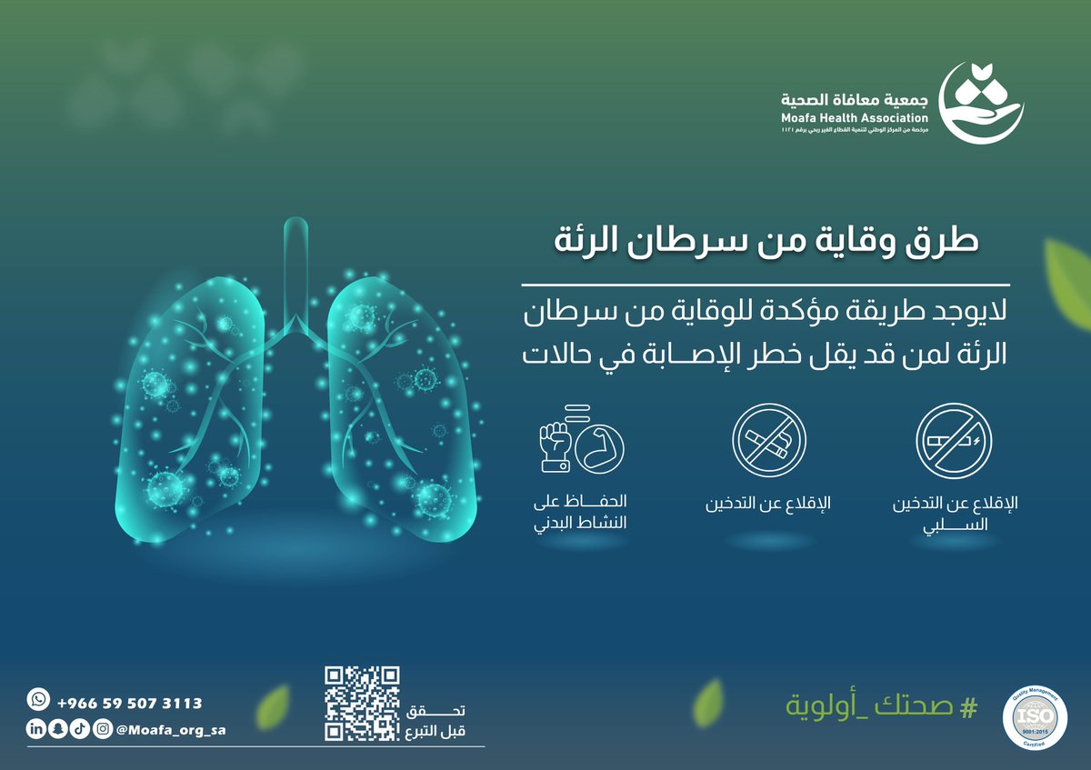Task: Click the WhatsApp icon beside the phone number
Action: coord(37,699)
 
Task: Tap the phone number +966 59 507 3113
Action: coord(129,704)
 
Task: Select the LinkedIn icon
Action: coord(35,728)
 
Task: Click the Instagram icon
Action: coord(103,728)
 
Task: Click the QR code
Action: coord(362,703)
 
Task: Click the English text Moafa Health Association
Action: coord(854,118)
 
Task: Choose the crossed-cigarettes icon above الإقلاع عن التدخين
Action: coord(769,441)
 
